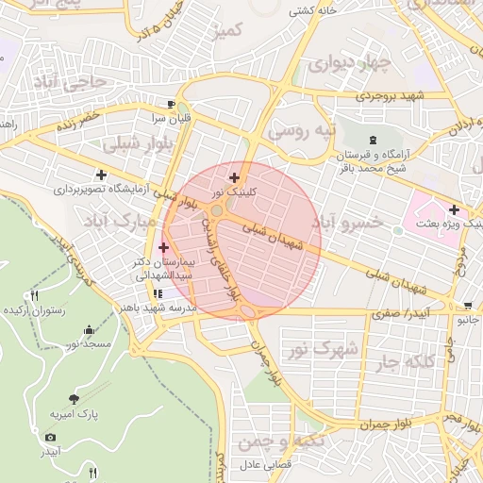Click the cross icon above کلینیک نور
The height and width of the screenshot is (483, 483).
(233, 176)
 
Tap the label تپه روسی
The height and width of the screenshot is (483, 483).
(301, 130)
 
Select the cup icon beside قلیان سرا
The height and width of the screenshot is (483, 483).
(170, 104)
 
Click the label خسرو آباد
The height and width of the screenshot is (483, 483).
(348, 223)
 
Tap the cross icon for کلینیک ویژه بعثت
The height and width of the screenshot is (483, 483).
(455, 209)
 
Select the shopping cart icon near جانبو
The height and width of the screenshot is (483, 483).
(468, 306)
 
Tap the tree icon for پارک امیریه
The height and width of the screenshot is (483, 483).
(75, 399)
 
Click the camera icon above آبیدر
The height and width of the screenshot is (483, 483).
(50, 437)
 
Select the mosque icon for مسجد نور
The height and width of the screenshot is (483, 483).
(89, 329)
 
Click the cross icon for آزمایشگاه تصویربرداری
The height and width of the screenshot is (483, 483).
(101, 175)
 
